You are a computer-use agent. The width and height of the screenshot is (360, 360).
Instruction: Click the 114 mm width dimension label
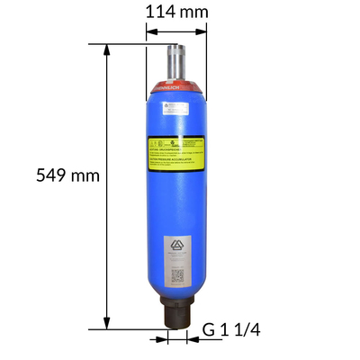(176, 13)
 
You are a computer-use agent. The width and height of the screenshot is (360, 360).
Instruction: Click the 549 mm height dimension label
(67, 175)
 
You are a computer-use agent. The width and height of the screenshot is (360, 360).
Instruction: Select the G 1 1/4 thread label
(237, 330)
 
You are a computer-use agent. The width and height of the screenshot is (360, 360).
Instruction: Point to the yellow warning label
(177, 150)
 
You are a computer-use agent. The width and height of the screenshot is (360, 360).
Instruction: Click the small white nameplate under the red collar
(176, 107)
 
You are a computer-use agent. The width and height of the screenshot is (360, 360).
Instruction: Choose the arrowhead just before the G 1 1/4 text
(192, 339)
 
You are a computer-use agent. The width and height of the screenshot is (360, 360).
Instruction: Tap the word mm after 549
(85, 175)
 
